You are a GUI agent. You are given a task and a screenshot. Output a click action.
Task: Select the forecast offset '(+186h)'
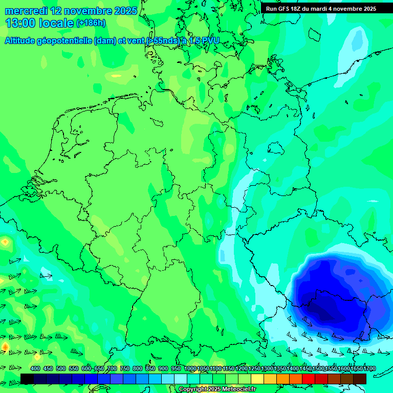tap(91, 23)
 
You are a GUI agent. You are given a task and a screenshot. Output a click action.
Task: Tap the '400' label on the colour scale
tap(35, 368)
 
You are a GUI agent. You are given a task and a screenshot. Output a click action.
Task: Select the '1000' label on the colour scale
tap(190, 368)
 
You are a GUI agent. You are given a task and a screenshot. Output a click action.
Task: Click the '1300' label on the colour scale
tap(267, 368)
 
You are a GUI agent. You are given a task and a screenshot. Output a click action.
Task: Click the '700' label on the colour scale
tap(112, 368)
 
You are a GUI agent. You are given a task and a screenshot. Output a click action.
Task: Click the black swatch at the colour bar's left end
tap(27, 379)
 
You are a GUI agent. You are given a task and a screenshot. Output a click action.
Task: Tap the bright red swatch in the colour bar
tap(309, 379)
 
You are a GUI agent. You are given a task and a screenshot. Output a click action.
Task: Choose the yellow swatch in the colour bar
tap(257, 379)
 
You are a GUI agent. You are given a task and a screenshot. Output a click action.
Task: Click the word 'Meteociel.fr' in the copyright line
tap(235, 389)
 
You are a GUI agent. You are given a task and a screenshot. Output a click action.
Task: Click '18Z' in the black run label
tap(299, 9)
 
